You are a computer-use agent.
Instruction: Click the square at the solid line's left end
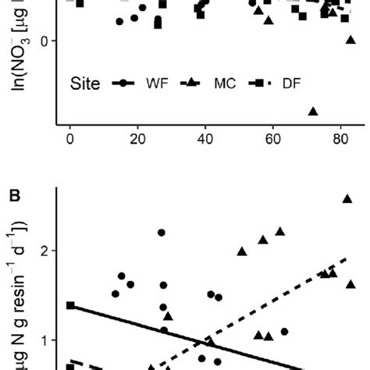(x=71, y=305)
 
